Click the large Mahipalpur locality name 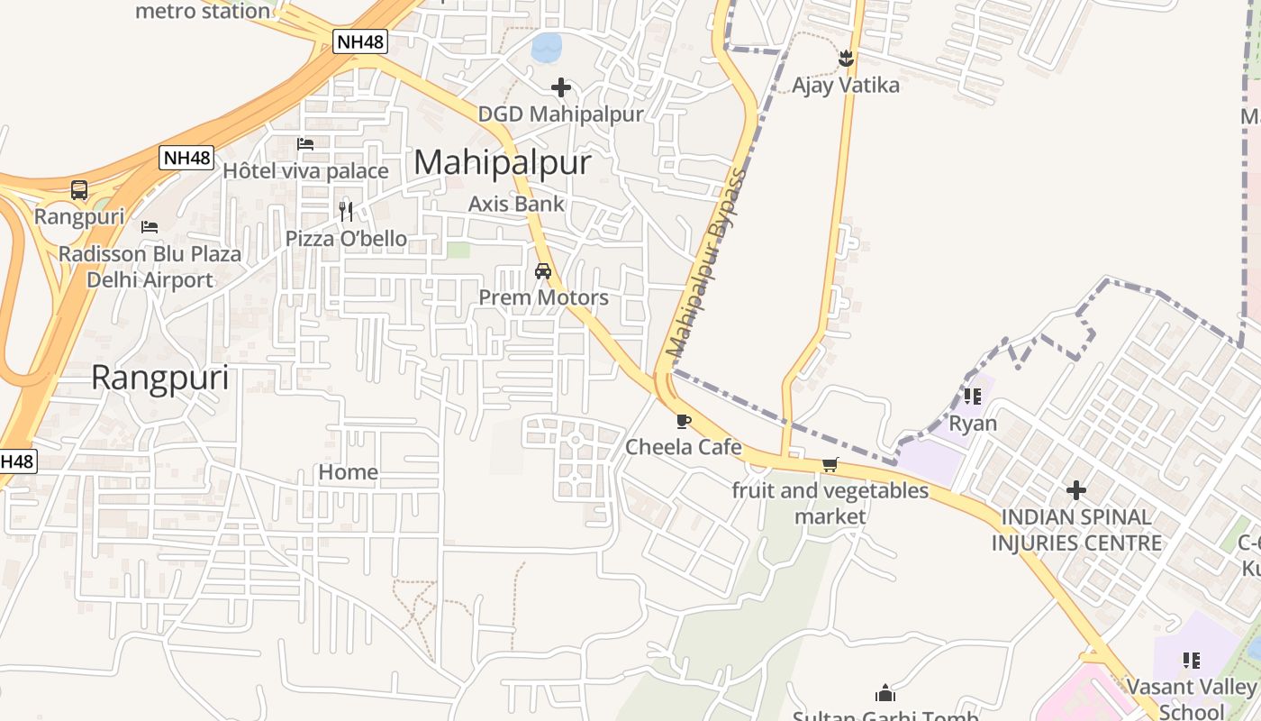pos(503,163)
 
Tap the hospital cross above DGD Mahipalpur pos(561,87)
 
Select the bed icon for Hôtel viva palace pos(305,144)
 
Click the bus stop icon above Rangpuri pos(79,190)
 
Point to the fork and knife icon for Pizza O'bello pos(346,212)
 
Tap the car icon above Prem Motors pos(543,270)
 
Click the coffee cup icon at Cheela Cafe pos(684,421)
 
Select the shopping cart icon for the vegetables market pos(830,465)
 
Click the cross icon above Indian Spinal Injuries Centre pos(1076,490)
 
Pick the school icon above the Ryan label pos(973,396)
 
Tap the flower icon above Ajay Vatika pos(845,59)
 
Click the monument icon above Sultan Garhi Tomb pos(885,693)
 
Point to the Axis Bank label pos(516,205)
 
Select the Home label pos(348,472)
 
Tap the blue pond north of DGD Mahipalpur pos(547,47)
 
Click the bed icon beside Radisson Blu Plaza pos(150,226)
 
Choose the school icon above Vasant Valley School pos(1192,661)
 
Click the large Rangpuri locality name pos(160,379)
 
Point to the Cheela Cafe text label pos(684,447)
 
